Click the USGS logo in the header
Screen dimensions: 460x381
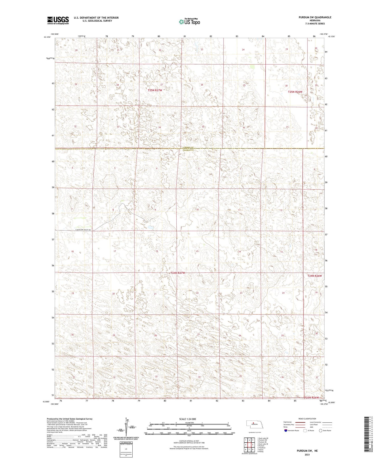(58, 20)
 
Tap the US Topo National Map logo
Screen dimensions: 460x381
(189, 22)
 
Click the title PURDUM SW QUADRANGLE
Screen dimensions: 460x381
(315, 17)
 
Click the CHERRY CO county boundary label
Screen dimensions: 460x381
(188, 147)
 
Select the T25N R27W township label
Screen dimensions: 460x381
(155, 90)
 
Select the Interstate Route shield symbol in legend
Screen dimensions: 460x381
(286, 430)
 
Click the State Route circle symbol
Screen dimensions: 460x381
(321, 430)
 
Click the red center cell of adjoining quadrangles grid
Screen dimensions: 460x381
(249, 444)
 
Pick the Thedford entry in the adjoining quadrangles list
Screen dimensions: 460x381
(262, 448)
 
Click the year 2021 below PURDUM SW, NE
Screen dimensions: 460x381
(307, 455)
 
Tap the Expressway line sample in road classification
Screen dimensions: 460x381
(300, 422)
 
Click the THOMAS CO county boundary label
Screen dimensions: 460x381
(188, 150)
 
